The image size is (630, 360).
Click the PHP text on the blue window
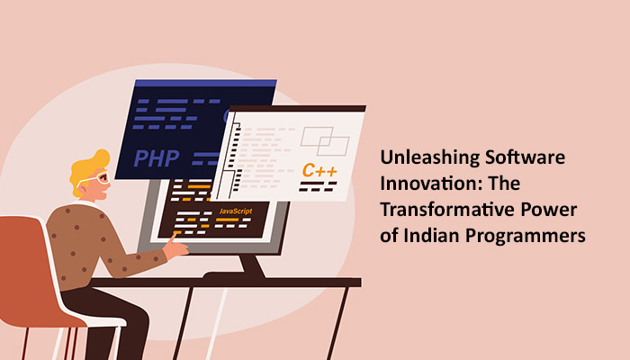click(157, 159)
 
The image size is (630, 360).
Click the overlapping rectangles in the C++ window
click(325, 140)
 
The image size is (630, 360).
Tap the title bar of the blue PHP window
click(202, 84)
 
